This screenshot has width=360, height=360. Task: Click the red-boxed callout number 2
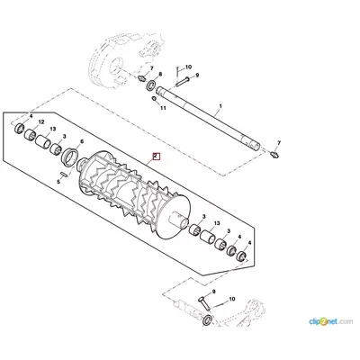pyautogui.click(x=157, y=157)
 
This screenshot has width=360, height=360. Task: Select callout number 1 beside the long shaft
pyautogui.click(x=220, y=106)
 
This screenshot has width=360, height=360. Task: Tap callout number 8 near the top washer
pyautogui.click(x=160, y=74)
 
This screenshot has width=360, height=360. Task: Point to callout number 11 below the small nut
pyautogui.click(x=163, y=108)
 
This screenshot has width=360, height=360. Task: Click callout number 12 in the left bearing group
pyautogui.click(x=41, y=121)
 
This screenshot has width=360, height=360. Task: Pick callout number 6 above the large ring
pyautogui.click(x=82, y=141)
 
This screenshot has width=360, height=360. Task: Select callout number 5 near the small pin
pyautogui.click(x=59, y=182)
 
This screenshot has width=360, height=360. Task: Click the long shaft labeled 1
pyautogui.click(x=209, y=118)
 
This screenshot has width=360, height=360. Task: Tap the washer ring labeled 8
pyautogui.click(x=151, y=85)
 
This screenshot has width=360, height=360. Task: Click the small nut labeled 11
pyautogui.click(x=154, y=99)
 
